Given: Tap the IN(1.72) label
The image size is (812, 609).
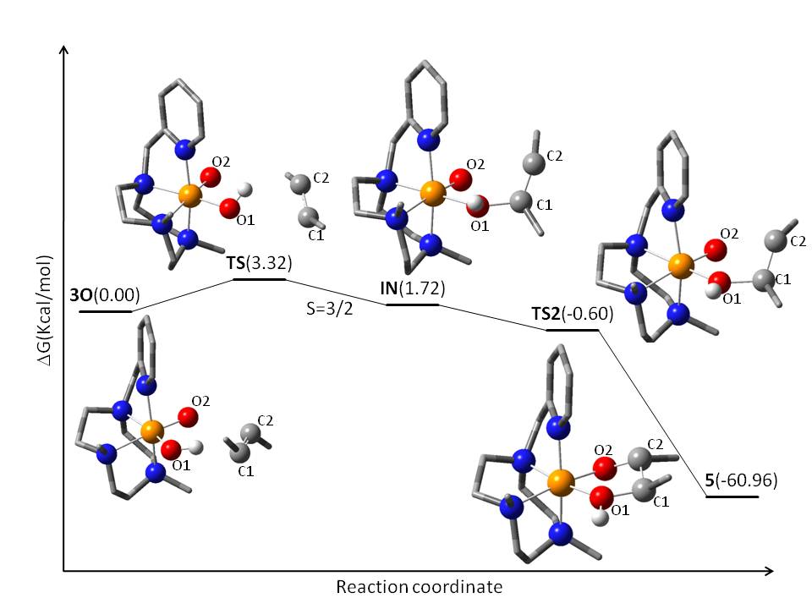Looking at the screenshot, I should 413,289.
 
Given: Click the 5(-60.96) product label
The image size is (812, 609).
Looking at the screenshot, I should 742,481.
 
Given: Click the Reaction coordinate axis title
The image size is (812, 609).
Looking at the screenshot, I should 420,586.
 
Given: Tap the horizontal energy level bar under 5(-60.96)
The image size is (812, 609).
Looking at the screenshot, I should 732,497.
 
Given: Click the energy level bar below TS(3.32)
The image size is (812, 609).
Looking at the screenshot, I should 260,278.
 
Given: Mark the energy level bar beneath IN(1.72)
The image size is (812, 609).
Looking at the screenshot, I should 413,304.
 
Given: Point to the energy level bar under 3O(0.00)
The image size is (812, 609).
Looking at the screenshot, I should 105,311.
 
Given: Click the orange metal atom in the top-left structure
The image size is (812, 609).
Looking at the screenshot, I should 191,196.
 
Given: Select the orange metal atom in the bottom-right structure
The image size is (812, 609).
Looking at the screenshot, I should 560,483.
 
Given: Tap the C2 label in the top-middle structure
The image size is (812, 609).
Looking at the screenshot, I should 555,156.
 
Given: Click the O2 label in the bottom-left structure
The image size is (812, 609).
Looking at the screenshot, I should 200,400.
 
